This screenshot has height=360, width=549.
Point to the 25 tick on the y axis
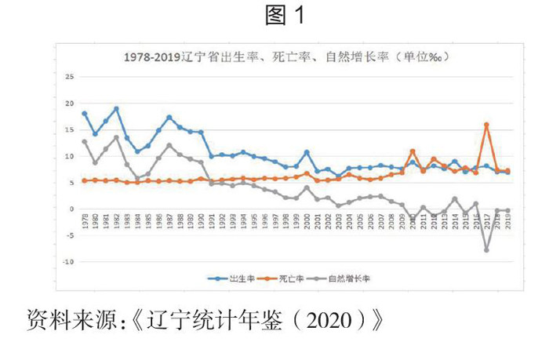coord(69,77)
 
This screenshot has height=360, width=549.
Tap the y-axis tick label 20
coord(69,104)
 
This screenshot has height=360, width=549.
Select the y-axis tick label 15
coord(69,130)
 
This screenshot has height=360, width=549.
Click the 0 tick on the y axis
coord(71,209)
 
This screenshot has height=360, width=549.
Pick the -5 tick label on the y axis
coord(69,235)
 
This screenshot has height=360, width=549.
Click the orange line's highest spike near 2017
coord(487,125)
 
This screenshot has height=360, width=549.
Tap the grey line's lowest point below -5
coord(487,250)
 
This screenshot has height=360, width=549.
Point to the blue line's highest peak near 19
coord(116,108)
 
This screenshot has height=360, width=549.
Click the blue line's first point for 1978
coord(84,114)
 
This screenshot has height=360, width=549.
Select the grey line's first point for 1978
coord(84,142)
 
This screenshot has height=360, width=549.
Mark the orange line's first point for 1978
coord(84,180)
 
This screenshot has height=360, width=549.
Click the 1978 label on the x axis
coord(84,220)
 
